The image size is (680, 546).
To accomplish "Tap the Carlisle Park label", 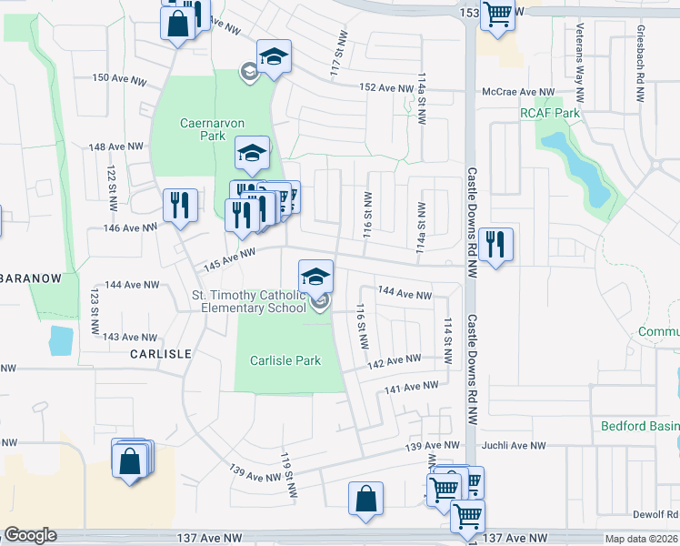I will pos(285,360).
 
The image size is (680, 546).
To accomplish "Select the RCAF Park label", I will pos(549,113).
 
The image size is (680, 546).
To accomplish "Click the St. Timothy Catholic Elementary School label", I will pos(249,301).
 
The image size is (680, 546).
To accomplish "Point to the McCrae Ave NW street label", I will pos(518,93).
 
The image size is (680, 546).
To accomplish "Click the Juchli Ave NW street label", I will pos(513,446).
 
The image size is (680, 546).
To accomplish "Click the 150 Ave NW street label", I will pos(119,79).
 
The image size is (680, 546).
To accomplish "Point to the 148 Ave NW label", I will pos(116,147).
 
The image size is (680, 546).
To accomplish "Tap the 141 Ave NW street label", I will pos(405,388).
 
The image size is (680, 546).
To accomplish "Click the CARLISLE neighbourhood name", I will pos(159,353).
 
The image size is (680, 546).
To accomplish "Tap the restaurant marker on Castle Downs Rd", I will pos(495,243).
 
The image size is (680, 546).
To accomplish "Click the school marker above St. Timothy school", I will pos(315,276).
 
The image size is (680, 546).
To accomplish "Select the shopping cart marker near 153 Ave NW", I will pos(496,13).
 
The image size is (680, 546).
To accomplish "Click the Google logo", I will pos(31,535).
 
